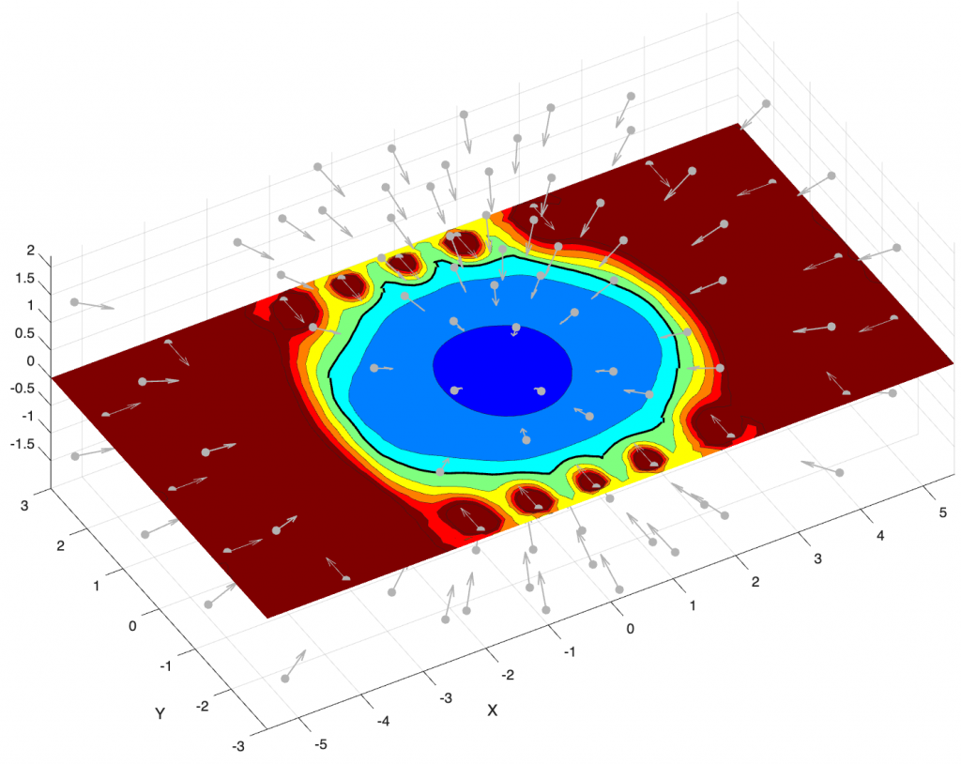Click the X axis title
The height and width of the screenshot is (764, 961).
(492, 711)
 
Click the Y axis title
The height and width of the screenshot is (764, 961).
(160, 713)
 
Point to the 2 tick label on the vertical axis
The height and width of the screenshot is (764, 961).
(31, 251)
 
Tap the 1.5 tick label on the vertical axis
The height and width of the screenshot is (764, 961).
(24, 279)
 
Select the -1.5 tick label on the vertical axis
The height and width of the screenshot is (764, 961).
(23, 444)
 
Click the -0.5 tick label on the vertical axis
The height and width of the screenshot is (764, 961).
(23, 389)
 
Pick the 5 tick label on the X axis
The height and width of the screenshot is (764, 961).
(942, 512)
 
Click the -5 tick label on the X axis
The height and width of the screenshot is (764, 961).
(320, 744)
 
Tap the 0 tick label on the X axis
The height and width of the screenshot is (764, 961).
(630, 628)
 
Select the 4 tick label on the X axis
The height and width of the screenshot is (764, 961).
(880, 535)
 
